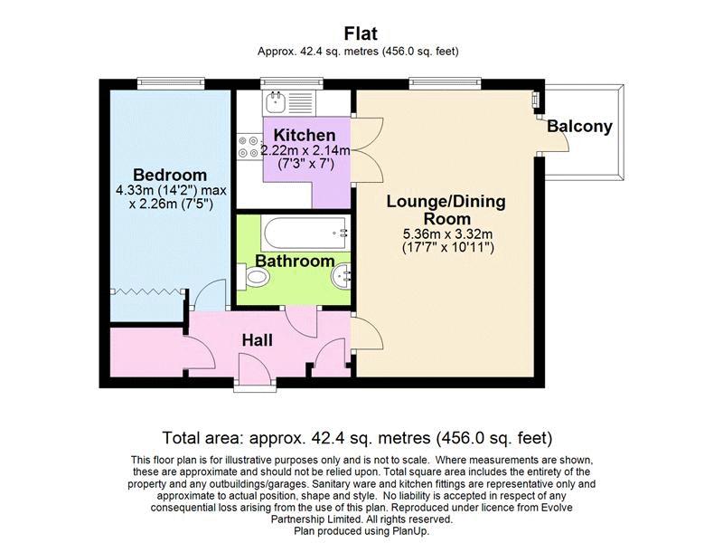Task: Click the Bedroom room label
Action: click(170, 175)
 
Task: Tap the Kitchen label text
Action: click(305, 135)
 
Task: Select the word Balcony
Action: click(579, 127)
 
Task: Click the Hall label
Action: click(258, 341)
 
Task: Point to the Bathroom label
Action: click(296, 261)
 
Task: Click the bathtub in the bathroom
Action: click(305, 233)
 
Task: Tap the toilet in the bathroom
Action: click(253, 277)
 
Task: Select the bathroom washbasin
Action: click(341, 277)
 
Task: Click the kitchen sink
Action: click(288, 102)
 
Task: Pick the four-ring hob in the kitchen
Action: click(249, 147)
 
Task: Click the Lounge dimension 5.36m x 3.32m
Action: click(447, 234)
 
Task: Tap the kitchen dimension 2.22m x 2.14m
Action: click(305, 150)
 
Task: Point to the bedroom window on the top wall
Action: click(171, 83)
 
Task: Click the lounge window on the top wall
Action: click(445, 83)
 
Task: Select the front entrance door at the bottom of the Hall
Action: click(255, 368)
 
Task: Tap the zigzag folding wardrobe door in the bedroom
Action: click(147, 291)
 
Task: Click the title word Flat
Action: click(361, 33)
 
